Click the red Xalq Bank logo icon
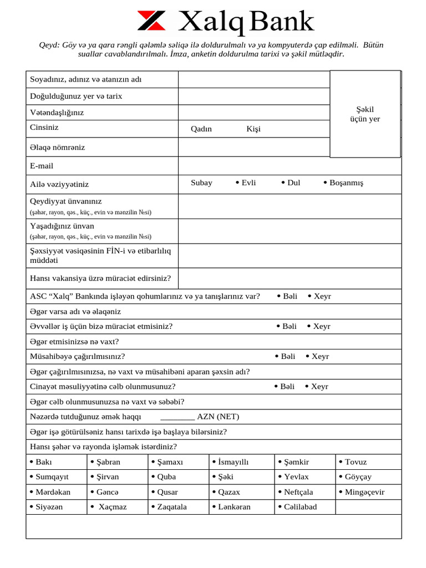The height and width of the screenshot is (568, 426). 151,21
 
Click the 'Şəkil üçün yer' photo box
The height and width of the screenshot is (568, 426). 365,114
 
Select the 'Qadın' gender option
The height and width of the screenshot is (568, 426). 201,129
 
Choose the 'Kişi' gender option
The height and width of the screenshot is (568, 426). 253,129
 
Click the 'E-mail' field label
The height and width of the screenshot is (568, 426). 42,166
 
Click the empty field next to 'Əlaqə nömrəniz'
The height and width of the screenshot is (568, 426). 253,148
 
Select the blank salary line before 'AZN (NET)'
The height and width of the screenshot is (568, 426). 177,417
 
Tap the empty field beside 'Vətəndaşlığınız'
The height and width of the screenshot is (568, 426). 253,113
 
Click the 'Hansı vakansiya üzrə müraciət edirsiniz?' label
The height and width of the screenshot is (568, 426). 100,278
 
